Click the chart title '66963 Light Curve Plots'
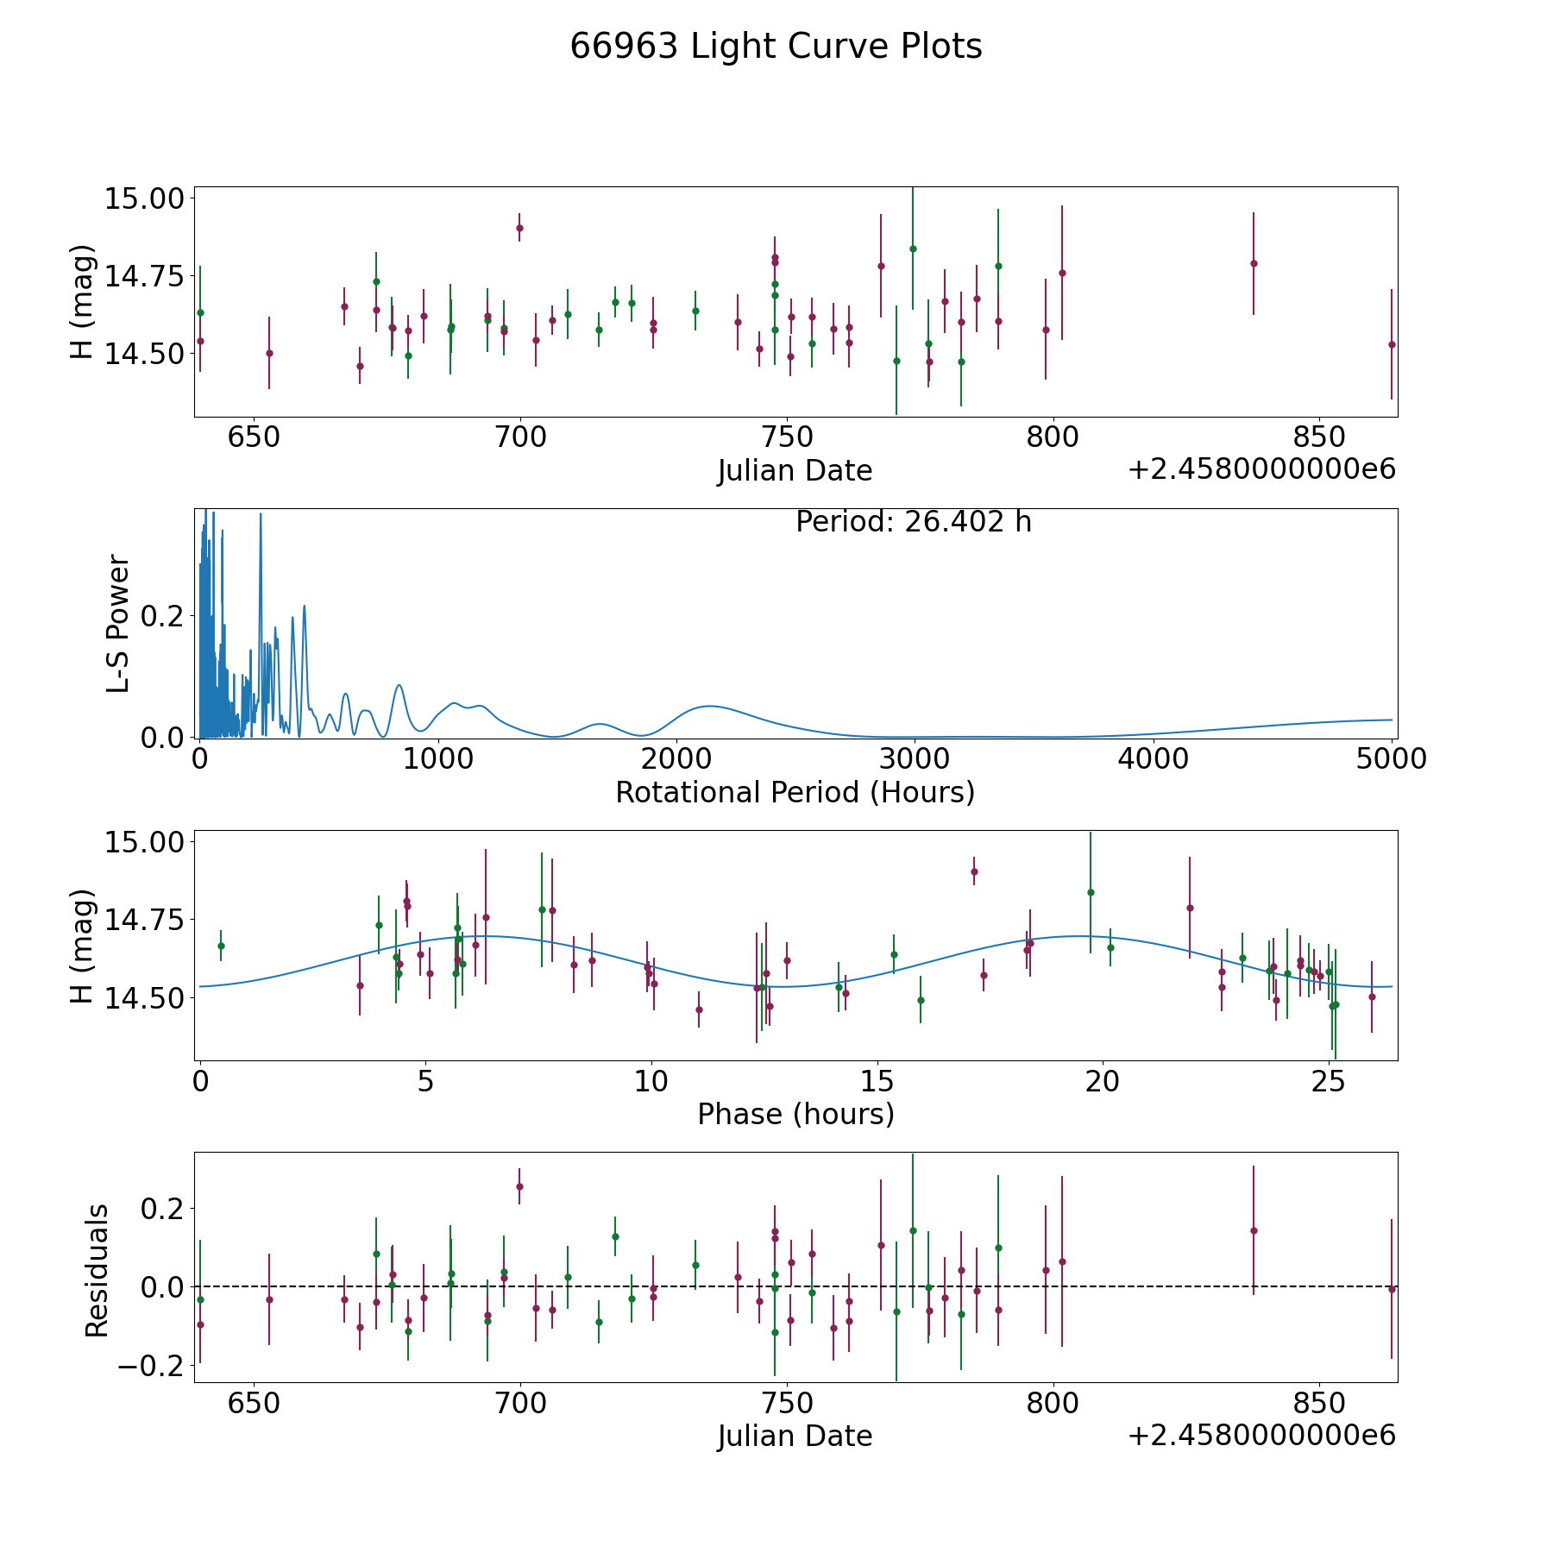click(776, 47)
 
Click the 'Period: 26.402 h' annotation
click(913, 522)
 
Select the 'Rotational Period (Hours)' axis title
click(795, 792)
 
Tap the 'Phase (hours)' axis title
click(795, 1114)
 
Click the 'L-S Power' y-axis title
click(119, 623)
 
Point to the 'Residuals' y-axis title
click(97, 1270)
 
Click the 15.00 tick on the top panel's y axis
click(145, 198)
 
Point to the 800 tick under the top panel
click(1053, 437)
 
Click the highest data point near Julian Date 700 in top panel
click(519, 228)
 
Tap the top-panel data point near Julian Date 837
click(1254, 263)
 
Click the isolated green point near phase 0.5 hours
click(221, 946)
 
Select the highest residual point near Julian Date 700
click(519, 1186)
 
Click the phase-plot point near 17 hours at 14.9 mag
click(974, 871)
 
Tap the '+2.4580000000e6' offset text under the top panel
click(1261, 469)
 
